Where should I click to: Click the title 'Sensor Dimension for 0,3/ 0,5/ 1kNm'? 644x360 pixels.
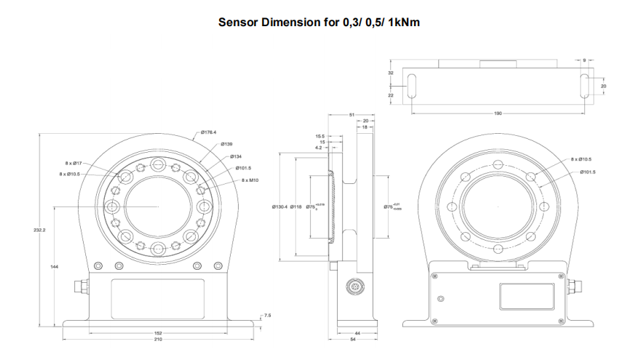click(x=319, y=22)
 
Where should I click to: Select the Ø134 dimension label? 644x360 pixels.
click(x=236, y=156)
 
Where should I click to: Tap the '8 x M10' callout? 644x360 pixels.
click(x=250, y=180)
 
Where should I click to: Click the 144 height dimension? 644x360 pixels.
click(x=54, y=267)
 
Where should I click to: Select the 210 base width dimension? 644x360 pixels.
click(x=158, y=340)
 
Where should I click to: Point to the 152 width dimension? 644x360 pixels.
click(x=158, y=333)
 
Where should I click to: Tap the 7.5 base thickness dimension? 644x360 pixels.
click(x=268, y=316)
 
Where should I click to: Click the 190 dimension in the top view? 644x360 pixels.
click(x=498, y=113)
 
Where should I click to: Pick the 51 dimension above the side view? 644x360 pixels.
click(x=351, y=115)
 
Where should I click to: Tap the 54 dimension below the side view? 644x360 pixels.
click(x=353, y=340)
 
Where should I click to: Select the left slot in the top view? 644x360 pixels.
click(x=411, y=85)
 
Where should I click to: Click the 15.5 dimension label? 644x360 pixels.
click(x=319, y=136)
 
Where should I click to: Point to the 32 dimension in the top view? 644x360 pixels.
click(x=391, y=74)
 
